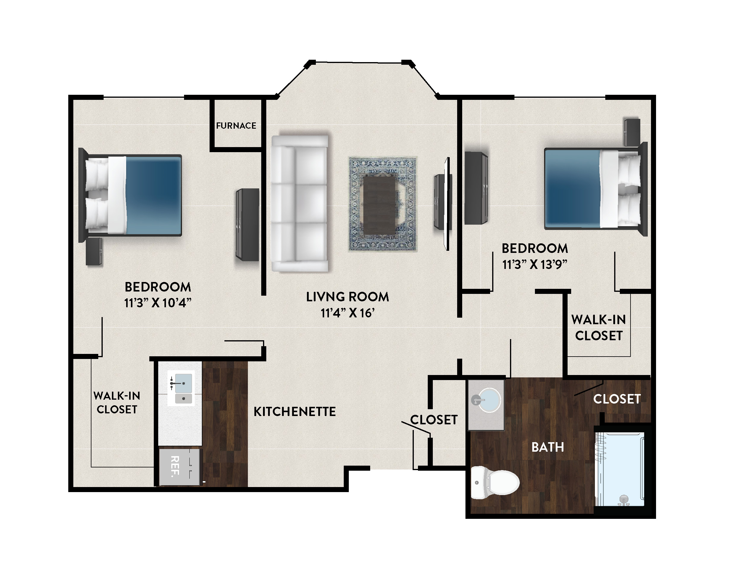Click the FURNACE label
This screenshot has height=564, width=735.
(236, 126)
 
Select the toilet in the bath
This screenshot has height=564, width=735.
(495, 483)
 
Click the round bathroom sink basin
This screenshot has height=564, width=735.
(489, 400)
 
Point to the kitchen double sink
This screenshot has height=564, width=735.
(181, 388)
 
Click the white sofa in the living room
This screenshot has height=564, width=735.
(300, 204)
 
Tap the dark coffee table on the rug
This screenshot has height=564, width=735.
(380, 205)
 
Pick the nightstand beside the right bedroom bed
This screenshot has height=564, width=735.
(632, 132)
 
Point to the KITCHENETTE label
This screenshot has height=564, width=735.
(294, 412)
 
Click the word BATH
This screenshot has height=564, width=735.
(548, 447)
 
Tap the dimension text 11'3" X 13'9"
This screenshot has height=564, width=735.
(535, 265)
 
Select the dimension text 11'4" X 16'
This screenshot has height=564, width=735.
(347, 313)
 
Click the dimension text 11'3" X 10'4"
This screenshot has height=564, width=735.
(158, 303)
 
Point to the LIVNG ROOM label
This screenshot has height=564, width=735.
(347, 297)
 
